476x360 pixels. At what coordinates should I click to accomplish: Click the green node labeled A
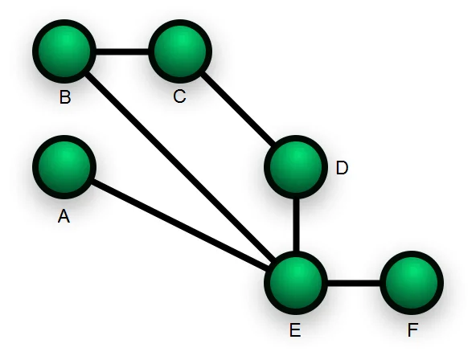click(64, 169)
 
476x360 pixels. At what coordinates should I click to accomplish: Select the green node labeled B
click(64, 51)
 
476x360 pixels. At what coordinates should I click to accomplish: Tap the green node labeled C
click(179, 51)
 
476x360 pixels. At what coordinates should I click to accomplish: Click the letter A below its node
click(64, 216)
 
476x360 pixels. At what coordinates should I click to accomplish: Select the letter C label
click(178, 97)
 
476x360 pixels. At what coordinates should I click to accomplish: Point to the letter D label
click(342, 169)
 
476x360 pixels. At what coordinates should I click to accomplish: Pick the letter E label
click(294, 330)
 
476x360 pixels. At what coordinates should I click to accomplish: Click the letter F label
click(412, 330)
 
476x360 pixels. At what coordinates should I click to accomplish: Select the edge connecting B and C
click(121, 52)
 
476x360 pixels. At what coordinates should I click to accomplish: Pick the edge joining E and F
click(354, 283)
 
